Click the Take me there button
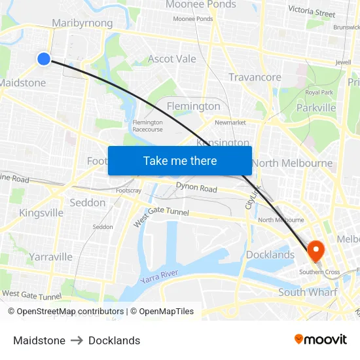[x=180, y=160]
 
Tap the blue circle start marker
[x=44, y=59]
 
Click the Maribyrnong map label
[x=82, y=23]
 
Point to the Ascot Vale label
[x=172, y=59]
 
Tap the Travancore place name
[x=255, y=77]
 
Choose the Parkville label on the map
[x=316, y=107]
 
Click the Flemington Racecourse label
[x=147, y=126]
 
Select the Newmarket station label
[x=230, y=122]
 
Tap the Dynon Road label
[x=196, y=189]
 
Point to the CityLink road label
[x=253, y=197]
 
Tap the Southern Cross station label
[x=319, y=272]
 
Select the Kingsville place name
[x=41, y=213]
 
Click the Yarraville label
[x=50, y=257]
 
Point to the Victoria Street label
[x=312, y=12]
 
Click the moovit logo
[x=321, y=340]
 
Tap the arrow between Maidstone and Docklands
[x=77, y=340]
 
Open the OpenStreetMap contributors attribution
[x=65, y=312]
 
